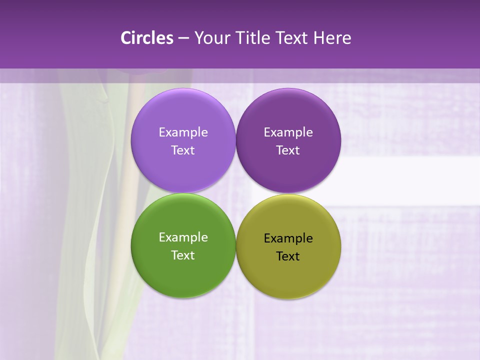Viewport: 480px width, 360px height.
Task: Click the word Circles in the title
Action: (x=147, y=38)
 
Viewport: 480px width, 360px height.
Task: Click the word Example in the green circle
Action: (x=183, y=237)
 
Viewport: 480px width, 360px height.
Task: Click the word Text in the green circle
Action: (x=183, y=255)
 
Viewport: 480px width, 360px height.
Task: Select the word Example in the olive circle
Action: (x=288, y=238)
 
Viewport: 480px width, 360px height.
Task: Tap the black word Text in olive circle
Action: (x=288, y=256)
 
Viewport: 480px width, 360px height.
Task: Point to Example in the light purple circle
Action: (x=183, y=132)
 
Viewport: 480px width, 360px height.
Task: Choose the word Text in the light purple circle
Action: (x=183, y=150)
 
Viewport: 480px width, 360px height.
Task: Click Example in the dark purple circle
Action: (x=288, y=132)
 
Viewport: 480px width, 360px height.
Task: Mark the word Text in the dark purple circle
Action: (x=288, y=150)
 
